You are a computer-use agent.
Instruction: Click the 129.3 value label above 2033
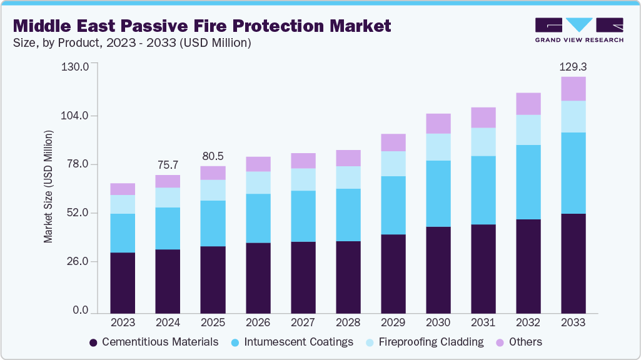pos(573,66)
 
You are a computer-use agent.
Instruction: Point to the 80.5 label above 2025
pos(213,156)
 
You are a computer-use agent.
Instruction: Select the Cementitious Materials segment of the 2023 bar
pos(123,282)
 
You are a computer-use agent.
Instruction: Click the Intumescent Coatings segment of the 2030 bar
pos(438,194)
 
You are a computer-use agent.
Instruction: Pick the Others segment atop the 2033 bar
pos(573,89)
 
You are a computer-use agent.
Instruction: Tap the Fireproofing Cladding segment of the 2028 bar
pos(348,177)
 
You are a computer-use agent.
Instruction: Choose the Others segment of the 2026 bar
pos(258,164)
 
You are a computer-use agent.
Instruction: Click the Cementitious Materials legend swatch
pos(94,342)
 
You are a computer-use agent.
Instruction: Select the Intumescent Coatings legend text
pos(298,342)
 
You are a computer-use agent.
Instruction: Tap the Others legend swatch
pos(500,342)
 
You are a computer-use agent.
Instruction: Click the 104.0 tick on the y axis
pos(76,116)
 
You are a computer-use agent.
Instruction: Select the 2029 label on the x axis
pos(393,322)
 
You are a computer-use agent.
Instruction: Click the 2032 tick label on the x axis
pos(528,322)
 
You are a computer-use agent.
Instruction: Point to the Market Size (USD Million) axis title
pos(49,186)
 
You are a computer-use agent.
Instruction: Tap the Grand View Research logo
pos(578,29)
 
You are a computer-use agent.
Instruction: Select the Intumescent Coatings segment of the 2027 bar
pos(303,216)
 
